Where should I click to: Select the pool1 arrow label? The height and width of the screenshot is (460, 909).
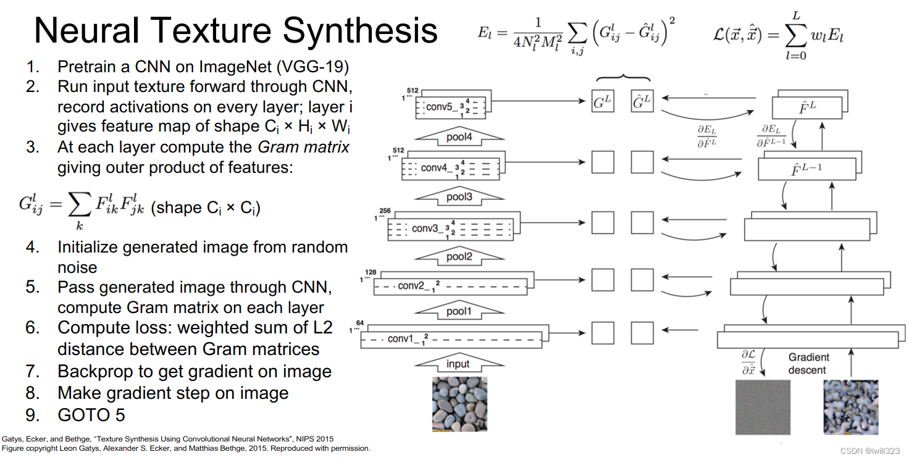pos(458,312)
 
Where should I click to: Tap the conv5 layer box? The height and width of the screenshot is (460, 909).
pos(451,106)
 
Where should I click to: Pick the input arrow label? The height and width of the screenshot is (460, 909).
pos(458,364)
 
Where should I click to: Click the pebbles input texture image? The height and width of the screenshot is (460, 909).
pos(458,404)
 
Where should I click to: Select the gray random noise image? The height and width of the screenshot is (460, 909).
pos(763,407)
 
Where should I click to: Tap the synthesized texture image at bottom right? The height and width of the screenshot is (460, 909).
pos(852,407)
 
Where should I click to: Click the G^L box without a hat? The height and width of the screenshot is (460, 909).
pos(603,102)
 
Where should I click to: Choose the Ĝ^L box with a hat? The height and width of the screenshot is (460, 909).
pos(642,102)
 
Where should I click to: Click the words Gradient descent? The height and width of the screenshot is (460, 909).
pos(808,364)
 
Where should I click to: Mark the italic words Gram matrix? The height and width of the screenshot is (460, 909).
pos(303,148)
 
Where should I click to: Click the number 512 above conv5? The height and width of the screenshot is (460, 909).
pos(413,92)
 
